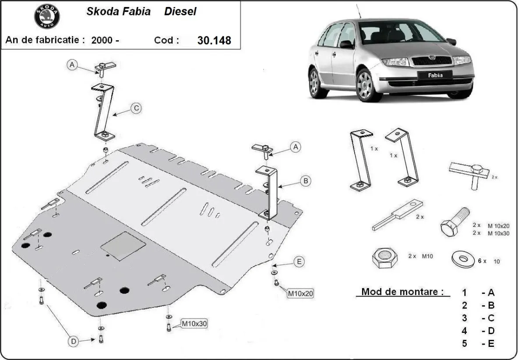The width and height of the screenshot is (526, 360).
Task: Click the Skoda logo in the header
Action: tap(47, 16)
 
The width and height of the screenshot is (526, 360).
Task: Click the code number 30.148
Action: tap(214, 40)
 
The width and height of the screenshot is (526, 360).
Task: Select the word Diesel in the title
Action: tap(180, 12)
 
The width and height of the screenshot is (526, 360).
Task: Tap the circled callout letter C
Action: tap(137, 108)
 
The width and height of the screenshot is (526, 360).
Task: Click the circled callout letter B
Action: tap(306, 180)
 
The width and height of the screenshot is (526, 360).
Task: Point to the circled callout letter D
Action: tap(73, 341)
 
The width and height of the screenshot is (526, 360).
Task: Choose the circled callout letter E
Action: tap(299, 262)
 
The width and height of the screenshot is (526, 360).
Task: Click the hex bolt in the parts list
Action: tap(454, 222)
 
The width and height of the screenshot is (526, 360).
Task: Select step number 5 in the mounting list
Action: tap(464, 343)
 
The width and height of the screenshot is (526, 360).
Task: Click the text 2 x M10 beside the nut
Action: tap(420, 256)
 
